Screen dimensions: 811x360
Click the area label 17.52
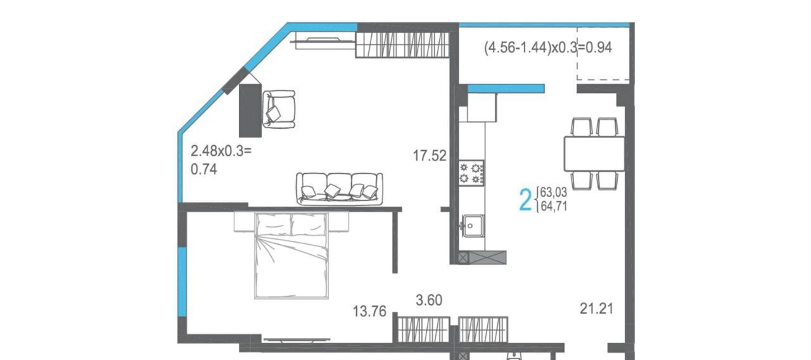pos(430,156)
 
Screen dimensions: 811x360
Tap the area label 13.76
pos(369,311)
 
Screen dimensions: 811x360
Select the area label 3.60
pos(429,300)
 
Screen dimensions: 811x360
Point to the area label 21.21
pos(597,309)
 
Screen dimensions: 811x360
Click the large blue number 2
pos(525,200)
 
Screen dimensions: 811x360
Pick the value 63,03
pos(554,192)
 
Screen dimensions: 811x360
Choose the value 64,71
pos(554,207)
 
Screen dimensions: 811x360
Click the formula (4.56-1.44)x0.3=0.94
pos(548,48)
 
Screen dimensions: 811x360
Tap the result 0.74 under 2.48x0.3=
pos(204,169)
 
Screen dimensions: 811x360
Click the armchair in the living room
pos(279,110)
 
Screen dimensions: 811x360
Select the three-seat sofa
pos(340,189)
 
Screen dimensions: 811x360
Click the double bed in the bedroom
pos(291,255)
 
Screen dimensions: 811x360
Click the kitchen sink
pos(473,226)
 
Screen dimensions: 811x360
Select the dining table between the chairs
pos(594,153)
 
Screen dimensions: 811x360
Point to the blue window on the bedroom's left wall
pos(182,281)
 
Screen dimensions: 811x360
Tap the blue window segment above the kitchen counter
pos(506,89)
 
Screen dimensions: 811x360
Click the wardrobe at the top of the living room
pos(402,45)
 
